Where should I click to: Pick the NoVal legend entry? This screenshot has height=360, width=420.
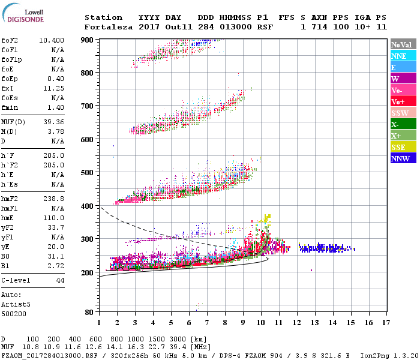tap(403, 44)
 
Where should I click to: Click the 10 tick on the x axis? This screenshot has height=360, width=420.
tap(261, 323)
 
